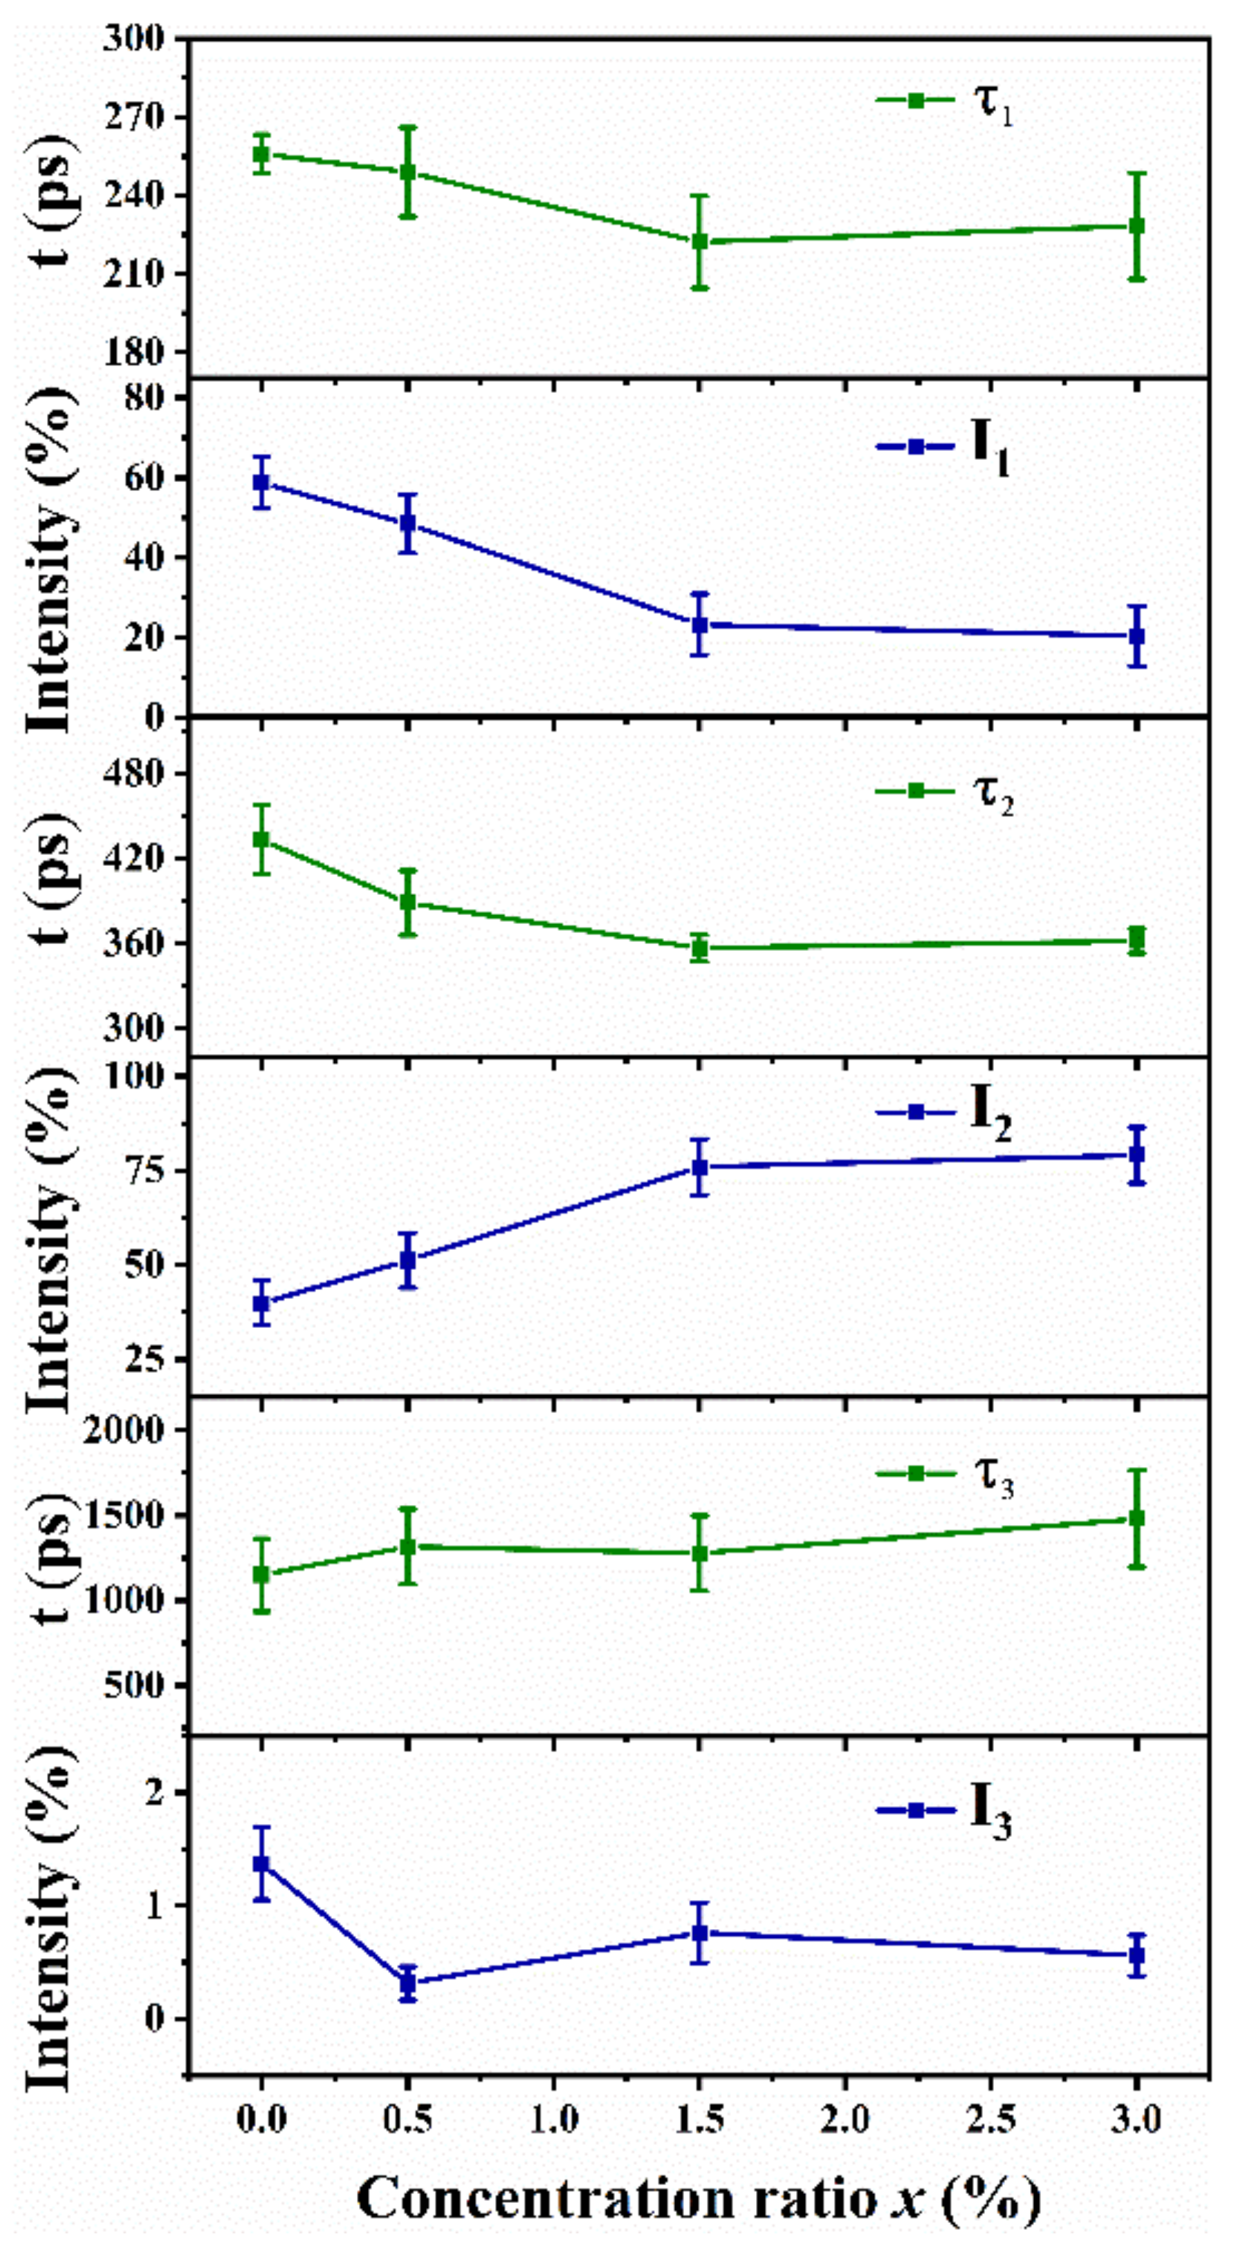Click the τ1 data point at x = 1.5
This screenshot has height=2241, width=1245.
coord(699,241)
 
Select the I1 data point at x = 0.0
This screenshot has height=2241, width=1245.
coord(261,481)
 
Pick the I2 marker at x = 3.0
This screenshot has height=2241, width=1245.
coord(1136,1154)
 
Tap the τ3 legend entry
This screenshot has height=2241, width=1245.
coord(944,1475)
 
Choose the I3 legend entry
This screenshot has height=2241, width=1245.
coord(944,1810)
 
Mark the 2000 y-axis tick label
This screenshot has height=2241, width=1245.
coord(124,1430)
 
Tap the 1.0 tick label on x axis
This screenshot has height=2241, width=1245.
coord(553,2119)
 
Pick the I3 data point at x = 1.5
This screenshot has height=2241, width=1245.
coord(699,1933)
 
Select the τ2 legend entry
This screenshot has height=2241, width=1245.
coord(944,792)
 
